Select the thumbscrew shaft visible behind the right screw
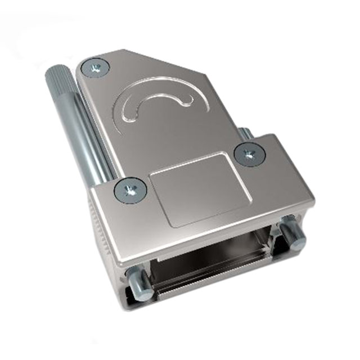[245, 135]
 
